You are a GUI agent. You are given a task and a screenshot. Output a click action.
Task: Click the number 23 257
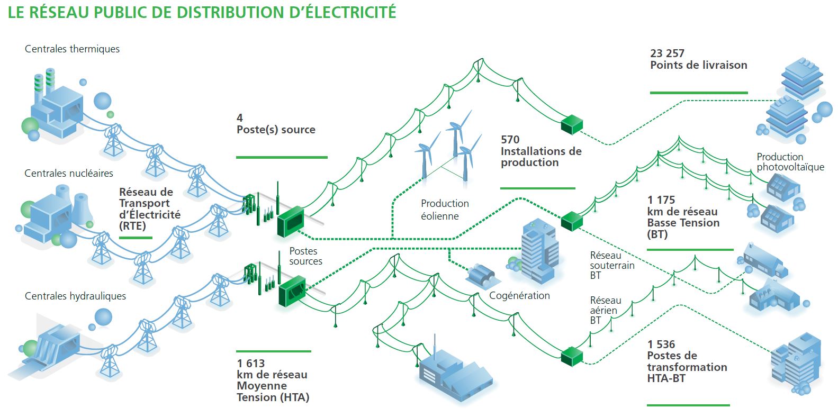[667, 53]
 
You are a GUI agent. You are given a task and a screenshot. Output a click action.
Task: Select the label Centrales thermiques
[72, 49]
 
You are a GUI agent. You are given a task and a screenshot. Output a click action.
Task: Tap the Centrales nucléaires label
[69, 174]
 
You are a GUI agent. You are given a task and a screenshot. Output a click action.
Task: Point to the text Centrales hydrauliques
[75, 296]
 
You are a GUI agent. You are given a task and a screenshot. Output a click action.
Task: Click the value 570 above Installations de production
[510, 140]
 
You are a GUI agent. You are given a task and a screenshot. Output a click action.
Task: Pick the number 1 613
[250, 364]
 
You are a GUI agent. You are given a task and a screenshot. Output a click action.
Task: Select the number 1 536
[661, 345]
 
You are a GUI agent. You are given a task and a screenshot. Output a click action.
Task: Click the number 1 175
[661, 200]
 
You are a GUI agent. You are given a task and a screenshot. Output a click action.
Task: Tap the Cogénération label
[519, 296]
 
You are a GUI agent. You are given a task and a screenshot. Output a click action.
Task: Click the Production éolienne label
[444, 210]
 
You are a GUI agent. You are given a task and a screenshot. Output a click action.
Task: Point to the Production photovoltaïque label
[790, 162]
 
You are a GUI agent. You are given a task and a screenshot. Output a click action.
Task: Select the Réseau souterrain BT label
[611, 265]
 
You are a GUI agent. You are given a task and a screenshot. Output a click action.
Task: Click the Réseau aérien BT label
[605, 310]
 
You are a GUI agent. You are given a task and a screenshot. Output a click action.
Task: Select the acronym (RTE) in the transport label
[132, 226]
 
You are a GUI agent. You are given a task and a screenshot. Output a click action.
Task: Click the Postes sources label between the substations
[305, 256]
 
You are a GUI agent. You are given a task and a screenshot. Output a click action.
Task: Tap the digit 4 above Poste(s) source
[240, 118]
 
